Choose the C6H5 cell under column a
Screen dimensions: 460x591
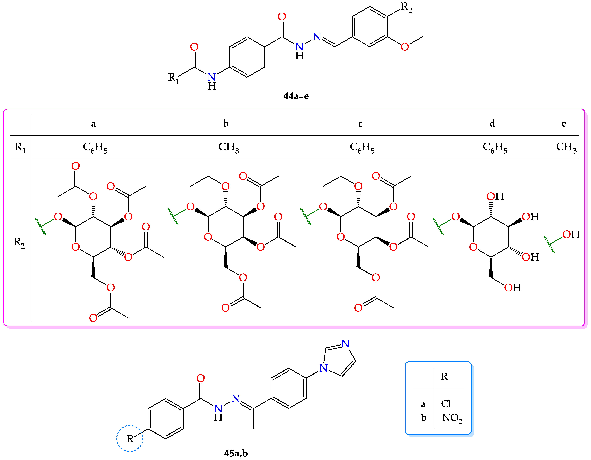[95, 148]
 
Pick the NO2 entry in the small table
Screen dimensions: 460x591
[452, 418]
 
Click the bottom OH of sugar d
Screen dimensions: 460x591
[513, 288]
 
